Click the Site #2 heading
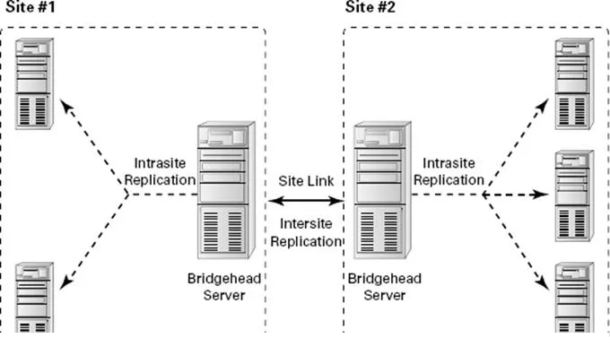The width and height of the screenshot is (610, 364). tap(370, 7)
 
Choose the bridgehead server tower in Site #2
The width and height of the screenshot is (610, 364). tap(378, 192)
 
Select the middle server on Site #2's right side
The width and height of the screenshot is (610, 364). tap(573, 193)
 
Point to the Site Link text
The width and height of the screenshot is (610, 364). tap(305, 181)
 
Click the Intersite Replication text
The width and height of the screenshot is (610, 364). tap(305, 233)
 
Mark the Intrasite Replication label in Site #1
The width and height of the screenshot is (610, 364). tap(164, 171)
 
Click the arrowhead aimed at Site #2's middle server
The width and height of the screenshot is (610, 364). tap(541, 194)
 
